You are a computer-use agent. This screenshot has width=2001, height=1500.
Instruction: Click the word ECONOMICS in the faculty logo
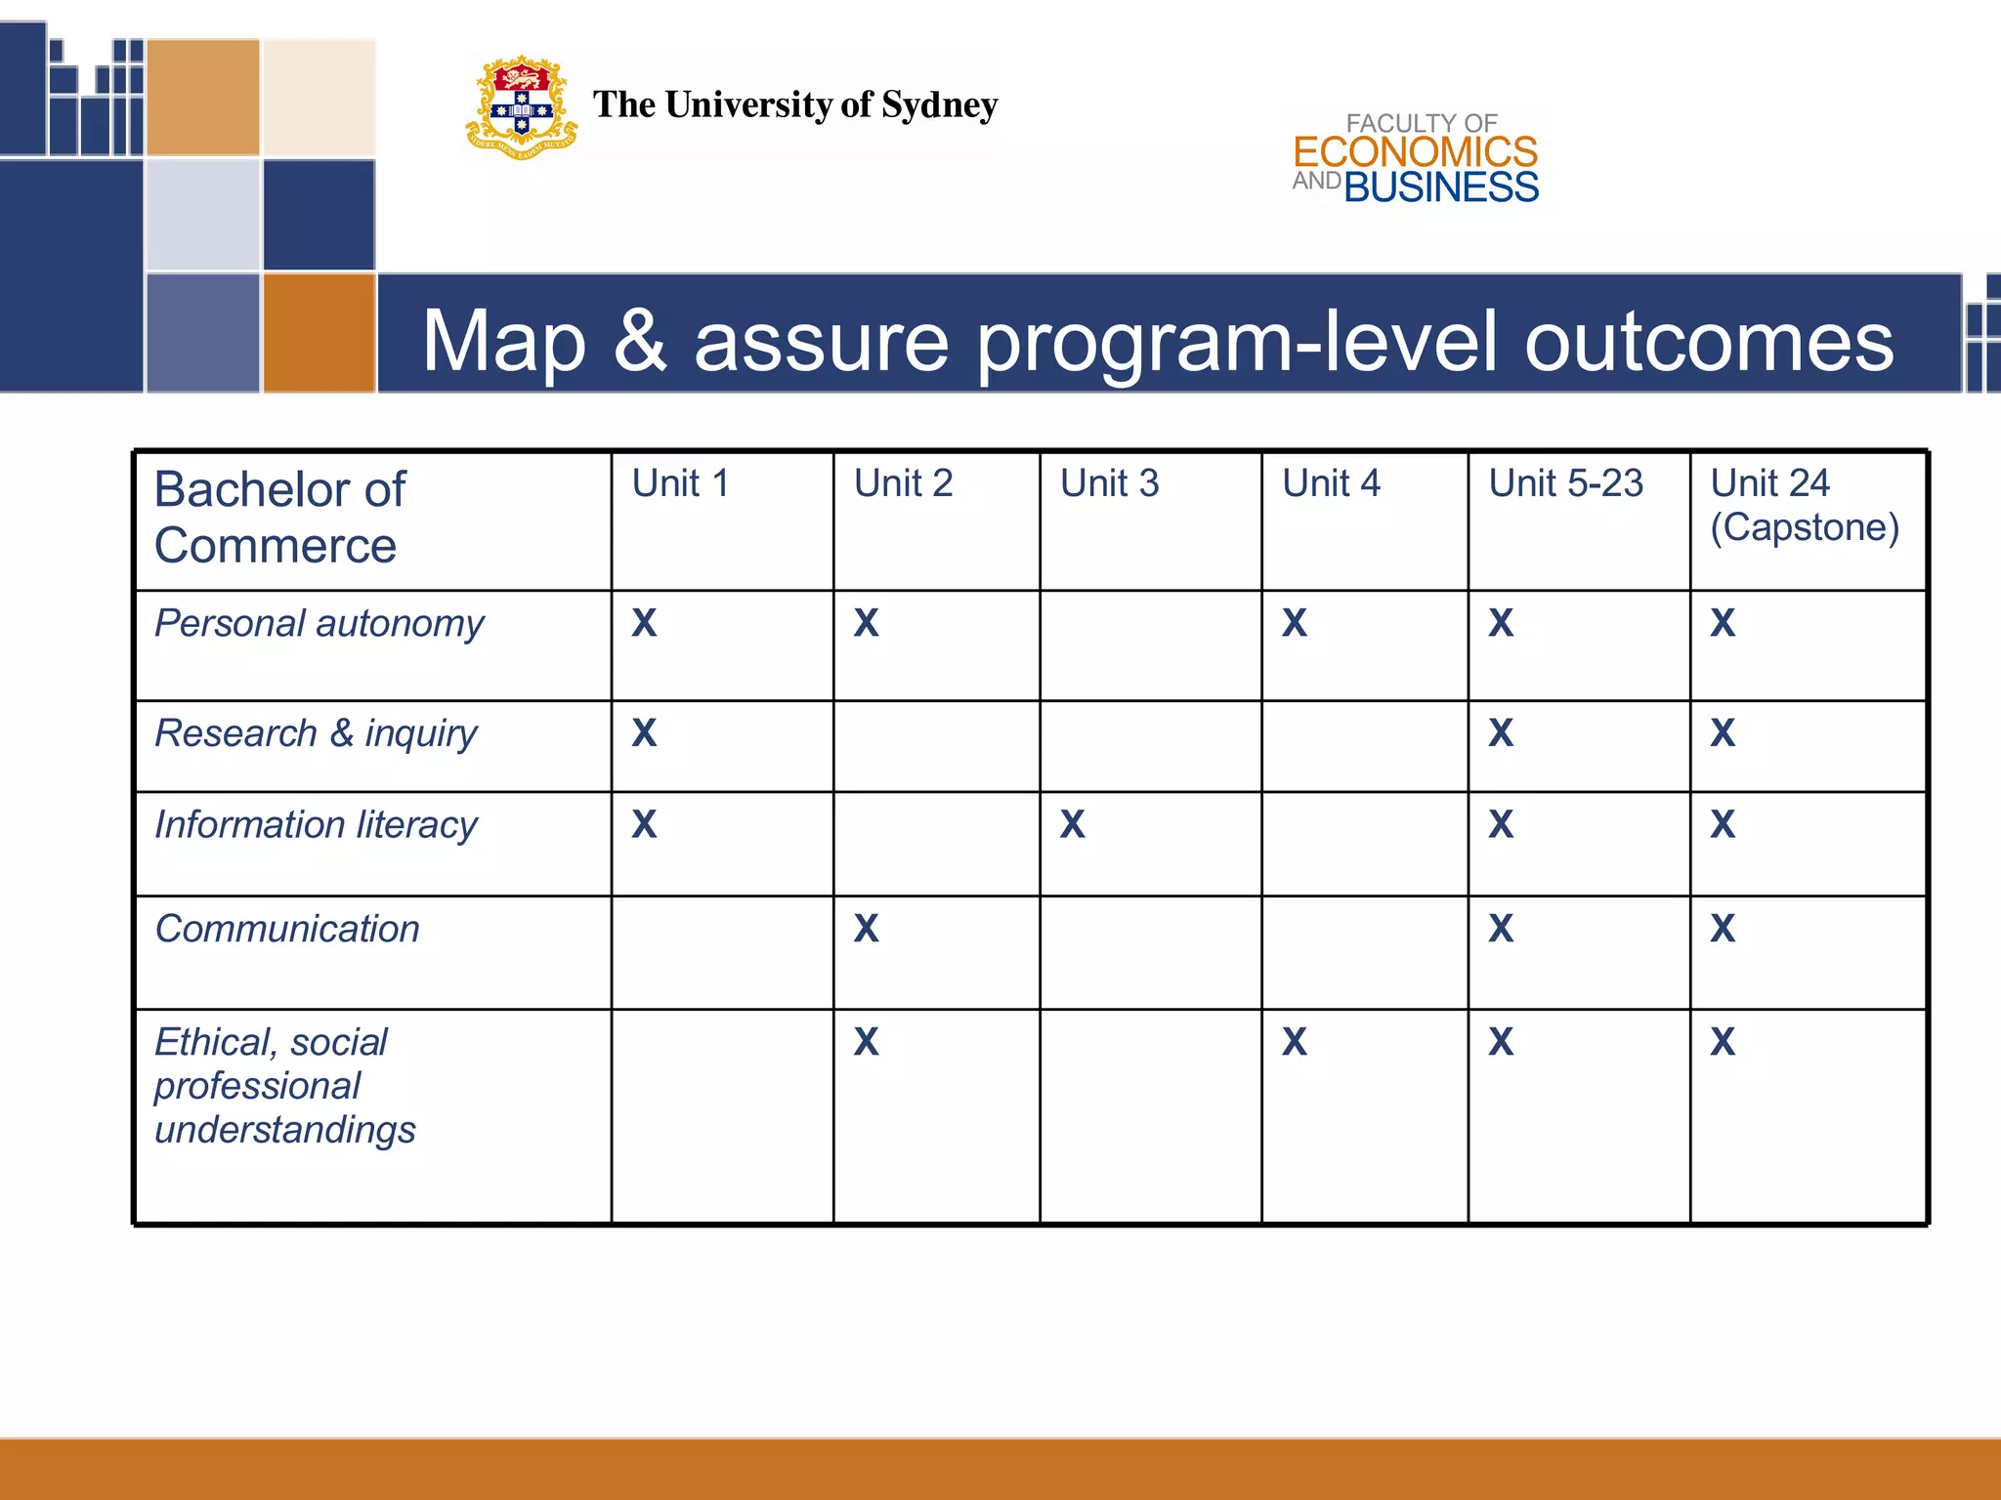point(1415,152)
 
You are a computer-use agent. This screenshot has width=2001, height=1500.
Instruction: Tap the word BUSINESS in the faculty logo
point(1441,187)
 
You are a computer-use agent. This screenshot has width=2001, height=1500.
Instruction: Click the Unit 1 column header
point(680,483)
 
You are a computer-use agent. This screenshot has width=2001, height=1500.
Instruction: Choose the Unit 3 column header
point(1109,483)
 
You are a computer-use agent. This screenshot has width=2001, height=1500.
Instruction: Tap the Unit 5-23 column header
point(1565,483)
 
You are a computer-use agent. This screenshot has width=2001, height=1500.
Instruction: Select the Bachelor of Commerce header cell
point(280,517)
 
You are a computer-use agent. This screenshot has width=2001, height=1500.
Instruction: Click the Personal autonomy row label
point(319,624)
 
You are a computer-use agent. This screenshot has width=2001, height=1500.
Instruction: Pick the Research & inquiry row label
point(316,733)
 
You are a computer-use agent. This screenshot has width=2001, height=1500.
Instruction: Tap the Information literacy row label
point(316,825)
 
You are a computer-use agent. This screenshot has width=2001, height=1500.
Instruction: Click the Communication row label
point(287,929)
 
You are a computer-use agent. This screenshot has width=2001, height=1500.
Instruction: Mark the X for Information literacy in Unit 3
point(1072,824)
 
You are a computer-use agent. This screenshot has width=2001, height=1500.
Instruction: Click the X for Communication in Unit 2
point(866,928)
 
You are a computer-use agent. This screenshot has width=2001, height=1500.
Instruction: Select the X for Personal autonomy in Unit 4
point(1294,623)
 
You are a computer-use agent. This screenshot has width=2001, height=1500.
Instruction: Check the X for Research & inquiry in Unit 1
point(644,732)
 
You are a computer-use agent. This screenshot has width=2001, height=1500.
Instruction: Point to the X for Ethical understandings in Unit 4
point(1294,1042)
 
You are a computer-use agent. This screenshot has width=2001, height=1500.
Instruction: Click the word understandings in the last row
point(284,1130)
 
